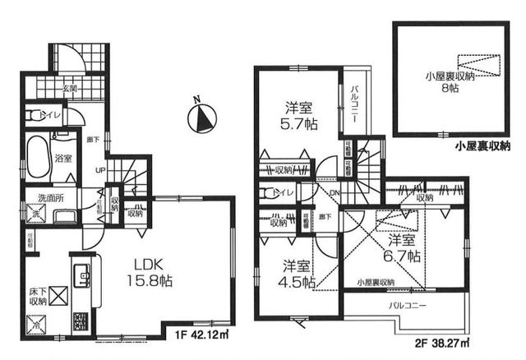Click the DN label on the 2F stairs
[x=335, y=192]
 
